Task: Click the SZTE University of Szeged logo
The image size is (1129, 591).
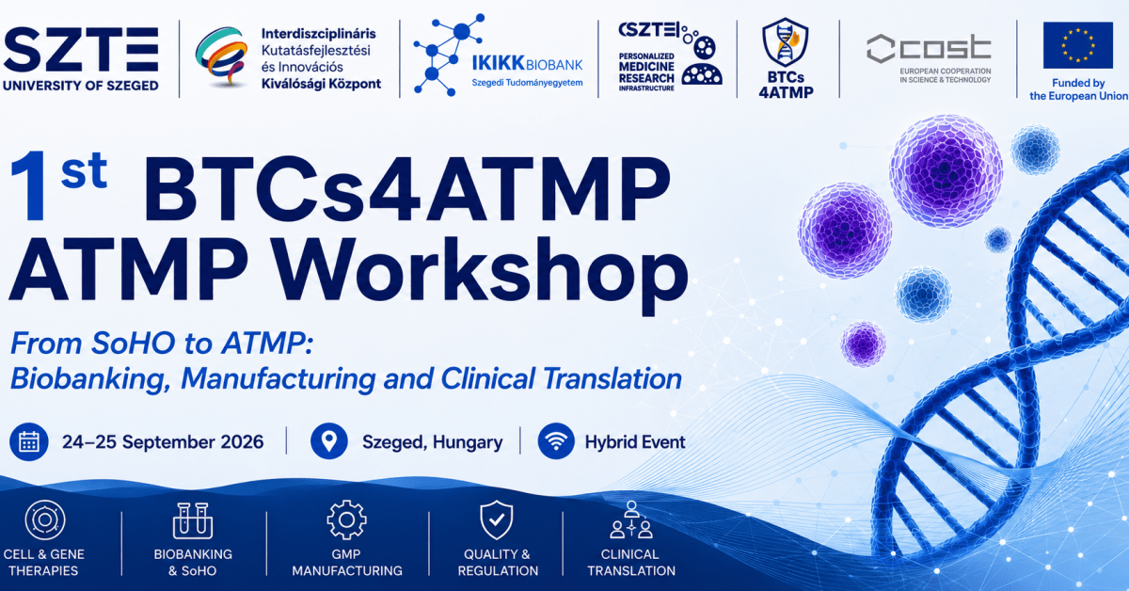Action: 81,58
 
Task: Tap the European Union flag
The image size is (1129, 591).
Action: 1077,45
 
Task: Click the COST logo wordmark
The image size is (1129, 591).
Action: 929,48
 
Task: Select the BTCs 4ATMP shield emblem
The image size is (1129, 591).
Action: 786,43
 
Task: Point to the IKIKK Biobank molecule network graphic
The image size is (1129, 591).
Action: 447,55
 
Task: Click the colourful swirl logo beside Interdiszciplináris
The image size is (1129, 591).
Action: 222,56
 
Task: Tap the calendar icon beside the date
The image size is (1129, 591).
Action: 29,441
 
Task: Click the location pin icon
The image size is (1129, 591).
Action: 329,441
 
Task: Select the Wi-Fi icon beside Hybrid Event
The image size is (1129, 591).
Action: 556,441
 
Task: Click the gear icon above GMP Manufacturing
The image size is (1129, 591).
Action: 346,519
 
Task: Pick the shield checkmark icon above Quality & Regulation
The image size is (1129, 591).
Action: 497,519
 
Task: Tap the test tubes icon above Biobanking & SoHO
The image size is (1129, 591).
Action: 193,521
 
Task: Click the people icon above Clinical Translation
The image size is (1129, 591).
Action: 631,519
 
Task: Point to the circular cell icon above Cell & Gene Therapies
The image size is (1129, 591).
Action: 45,519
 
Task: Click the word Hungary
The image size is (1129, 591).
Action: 468,442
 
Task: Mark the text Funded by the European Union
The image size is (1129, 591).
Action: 1078,89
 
